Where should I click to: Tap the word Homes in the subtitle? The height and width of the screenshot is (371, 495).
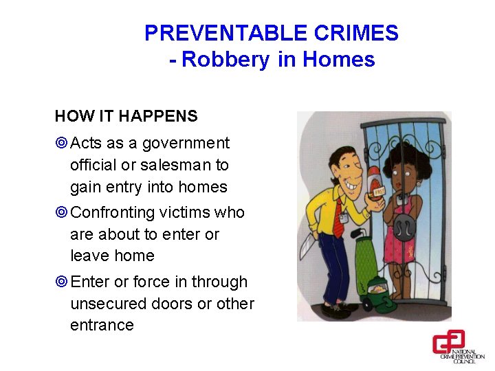pos(338,60)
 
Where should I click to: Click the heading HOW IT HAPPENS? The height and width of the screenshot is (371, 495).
pos(126,116)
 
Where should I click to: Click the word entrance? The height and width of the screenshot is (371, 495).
pos(102,325)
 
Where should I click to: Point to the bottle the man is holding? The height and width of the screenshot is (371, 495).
pos(374,189)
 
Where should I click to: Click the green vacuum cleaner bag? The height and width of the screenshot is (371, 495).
pos(366,257)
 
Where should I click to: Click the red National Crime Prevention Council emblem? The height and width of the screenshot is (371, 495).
pos(448,341)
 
